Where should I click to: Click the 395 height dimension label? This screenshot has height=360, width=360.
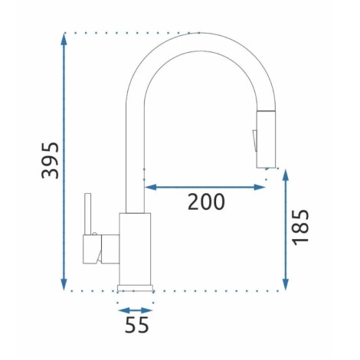click(x=50, y=160)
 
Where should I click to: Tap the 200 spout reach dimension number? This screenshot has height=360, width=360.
click(x=206, y=201)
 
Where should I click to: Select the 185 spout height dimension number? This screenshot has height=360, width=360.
click(x=300, y=227)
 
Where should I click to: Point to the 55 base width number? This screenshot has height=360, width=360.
click(x=136, y=324)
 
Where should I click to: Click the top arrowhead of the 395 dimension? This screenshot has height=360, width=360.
click(x=64, y=39)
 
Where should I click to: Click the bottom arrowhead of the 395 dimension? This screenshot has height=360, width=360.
click(x=64, y=284)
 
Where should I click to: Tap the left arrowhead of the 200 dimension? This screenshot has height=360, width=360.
click(x=151, y=188)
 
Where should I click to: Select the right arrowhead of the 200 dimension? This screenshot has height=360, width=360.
click(x=260, y=188)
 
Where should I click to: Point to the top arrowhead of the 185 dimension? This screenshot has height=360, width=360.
click(x=286, y=175)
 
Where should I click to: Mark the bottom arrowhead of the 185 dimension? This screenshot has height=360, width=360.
click(x=286, y=284)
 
